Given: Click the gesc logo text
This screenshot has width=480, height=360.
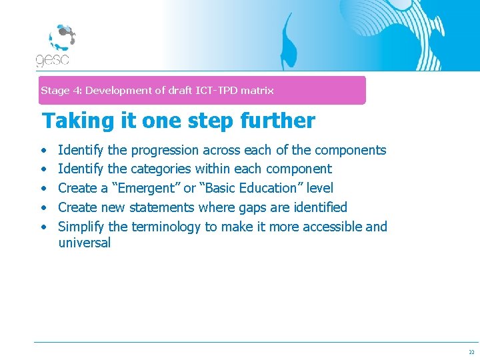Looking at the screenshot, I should tap(52, 59).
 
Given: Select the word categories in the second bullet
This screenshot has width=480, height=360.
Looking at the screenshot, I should tap(161, 169).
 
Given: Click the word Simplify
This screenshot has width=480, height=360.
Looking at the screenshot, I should tap(81, 227).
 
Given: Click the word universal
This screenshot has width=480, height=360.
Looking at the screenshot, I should tap(84, 243).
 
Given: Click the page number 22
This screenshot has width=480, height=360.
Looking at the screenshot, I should tap(471, 352).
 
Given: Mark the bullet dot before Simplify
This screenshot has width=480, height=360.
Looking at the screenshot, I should tap(43, 227).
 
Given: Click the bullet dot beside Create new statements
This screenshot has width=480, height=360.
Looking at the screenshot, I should tap(43, 208).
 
